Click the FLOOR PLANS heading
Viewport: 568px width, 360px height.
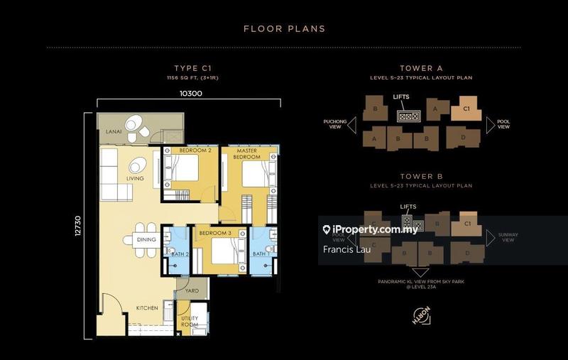(284, 29)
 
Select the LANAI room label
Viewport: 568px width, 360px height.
(114, 132)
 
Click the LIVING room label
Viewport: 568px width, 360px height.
(135, 178)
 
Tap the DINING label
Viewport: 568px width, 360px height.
(146, 240)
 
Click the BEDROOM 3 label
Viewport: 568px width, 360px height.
(214, 234)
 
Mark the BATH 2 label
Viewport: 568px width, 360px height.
(178, 253)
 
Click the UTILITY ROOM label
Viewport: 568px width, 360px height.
(190, 322)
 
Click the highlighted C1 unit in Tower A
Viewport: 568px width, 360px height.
(466, 109)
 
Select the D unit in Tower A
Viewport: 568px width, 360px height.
(462, 136)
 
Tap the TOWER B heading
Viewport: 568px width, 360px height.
(420, 175)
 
